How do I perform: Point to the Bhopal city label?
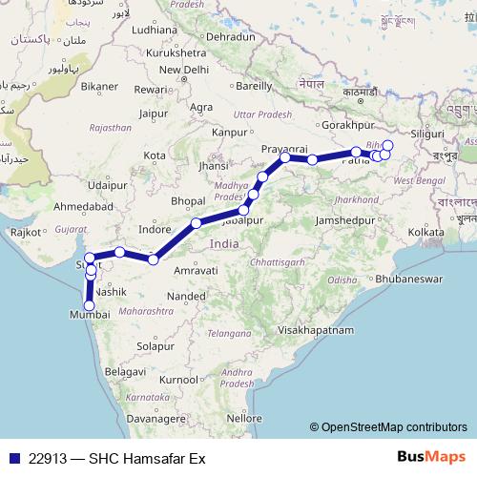pyautogui.click(x=187, y=201)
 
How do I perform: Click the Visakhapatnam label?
pyautogui.click(x=315, y=329)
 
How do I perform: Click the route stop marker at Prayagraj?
pyautogui.click(x=285, y=157)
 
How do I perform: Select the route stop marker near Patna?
pyautogui.click(x=356, y=152)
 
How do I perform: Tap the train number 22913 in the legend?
pyautogui.click(x=47, y=459)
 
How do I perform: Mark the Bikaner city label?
pyautogui.click(x=99, y=86)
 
